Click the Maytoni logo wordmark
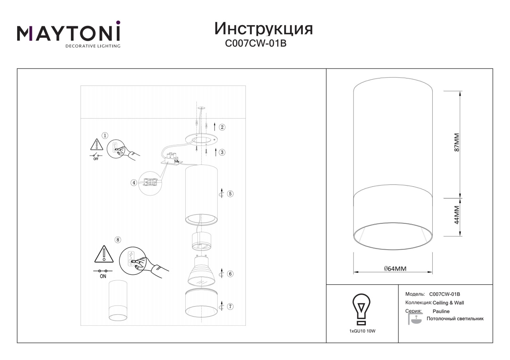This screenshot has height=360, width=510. [x=69, y=32]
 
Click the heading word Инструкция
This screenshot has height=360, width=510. [x=263, y=29]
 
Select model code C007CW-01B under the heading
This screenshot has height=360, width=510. [x=255, y=43]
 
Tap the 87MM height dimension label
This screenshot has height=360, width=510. [x=457, y=143]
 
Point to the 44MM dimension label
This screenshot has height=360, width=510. [x=457, y=215]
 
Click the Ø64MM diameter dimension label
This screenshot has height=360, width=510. [x=395, y=269]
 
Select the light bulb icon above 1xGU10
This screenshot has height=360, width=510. [x=361, y=309]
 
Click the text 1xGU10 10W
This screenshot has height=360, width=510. [x=362, y=331]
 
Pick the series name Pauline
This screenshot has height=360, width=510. [x=441, y=311]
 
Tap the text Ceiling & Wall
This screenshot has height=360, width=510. [x=448, y=303]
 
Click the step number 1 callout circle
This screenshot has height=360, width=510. [x=105, y=136]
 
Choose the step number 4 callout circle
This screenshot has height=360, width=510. [x=134, y=182]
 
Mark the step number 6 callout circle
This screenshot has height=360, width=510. [x=230, y=274]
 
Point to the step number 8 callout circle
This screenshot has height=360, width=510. [x=118, y=240]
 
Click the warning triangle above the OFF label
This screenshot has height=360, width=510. [x=97, y=145]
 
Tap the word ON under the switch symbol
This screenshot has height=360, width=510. [x=103, y=276]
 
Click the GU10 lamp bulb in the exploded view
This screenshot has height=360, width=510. [x=201, y=270]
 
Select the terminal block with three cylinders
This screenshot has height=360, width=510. [x=171, y=158]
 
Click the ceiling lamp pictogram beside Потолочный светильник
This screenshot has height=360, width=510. [x=415, y=319]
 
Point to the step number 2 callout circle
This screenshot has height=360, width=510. [x=222, y=127]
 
